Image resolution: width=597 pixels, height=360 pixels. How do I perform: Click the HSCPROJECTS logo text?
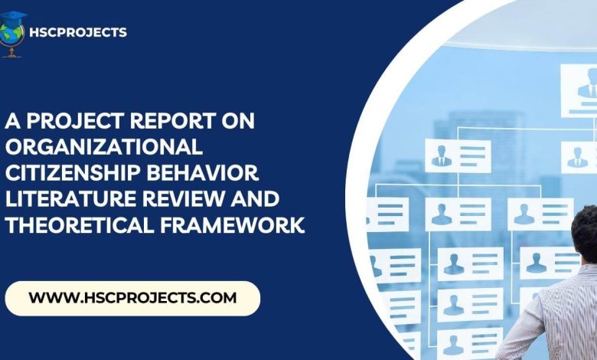tap(78, 32)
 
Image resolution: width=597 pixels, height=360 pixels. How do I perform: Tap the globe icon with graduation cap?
tap(12, 34)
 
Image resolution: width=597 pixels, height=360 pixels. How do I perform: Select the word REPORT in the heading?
tap(173, 121)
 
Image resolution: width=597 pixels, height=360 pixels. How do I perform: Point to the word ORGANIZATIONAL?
tap(103, 146)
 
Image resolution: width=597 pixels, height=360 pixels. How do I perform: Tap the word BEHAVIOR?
tap(203, 172)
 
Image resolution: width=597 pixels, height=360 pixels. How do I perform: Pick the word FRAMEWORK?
tap(232, 224)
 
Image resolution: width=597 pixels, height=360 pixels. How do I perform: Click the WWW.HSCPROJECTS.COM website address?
tap(132, 297)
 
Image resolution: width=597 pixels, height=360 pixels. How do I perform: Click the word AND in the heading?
tap(255, 199)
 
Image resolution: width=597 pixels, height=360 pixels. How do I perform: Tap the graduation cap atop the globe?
tap(14, 18)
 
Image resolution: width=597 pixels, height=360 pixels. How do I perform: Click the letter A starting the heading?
tap(12, 121)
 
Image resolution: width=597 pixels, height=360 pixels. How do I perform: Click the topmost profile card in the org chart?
tap(579, 90)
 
